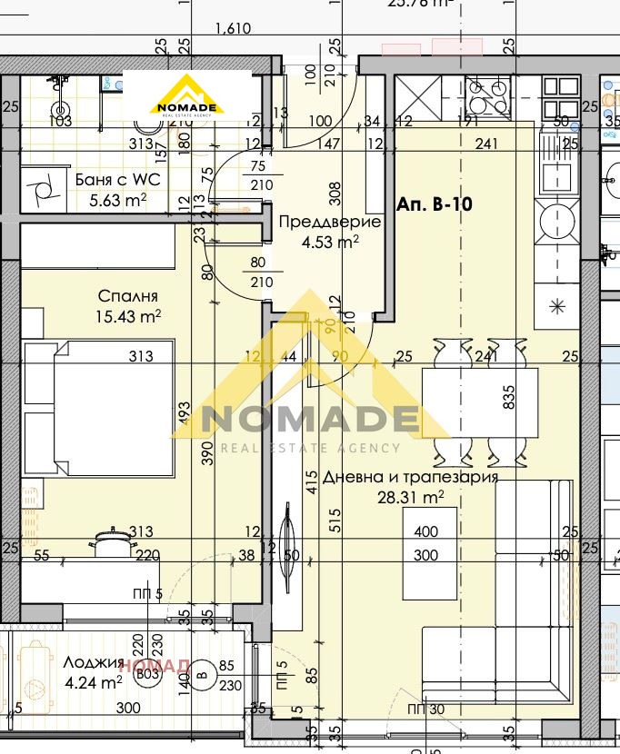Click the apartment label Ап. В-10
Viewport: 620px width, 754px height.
click(x=435, y=205)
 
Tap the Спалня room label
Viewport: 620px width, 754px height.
click(x=128, y=296)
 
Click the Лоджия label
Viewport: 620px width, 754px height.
click(x=94, y=662)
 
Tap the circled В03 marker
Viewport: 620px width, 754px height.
click(x=144, y=675)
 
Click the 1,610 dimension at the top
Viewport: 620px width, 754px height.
click(x=232, y=29)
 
